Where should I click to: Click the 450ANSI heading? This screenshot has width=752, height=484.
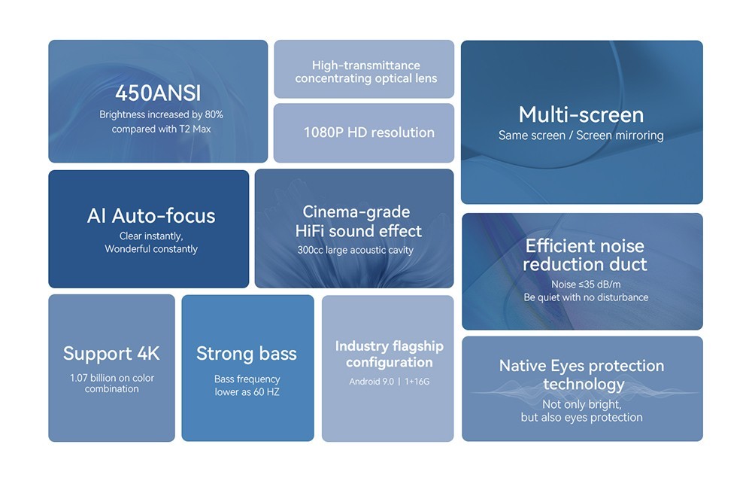[x=158, y=93]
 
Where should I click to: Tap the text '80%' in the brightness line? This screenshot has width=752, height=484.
[x=214, y=114]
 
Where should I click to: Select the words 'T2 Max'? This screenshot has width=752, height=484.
[x=195, y=129]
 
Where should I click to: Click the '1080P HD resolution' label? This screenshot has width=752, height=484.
[x=368, y=132]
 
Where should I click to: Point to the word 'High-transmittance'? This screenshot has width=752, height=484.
[x=366, y=65]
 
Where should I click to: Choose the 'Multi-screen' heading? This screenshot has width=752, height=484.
[x=581, y=114]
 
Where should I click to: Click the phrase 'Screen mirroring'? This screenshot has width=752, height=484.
[x=620, y=135]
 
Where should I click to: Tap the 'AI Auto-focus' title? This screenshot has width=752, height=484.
[x=151, y=216]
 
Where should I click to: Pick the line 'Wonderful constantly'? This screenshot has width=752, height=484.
[x=151, y=248]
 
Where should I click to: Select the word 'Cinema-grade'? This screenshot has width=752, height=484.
[x=356, y=212]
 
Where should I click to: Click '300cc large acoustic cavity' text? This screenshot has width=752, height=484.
[x=356, y=250]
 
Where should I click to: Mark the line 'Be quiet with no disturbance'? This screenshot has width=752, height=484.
[x=586, y=297]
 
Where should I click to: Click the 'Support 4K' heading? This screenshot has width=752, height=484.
[x=111, y=353]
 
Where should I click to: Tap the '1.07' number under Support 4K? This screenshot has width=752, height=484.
[x=79, y=378]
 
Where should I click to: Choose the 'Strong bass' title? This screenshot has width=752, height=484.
[x=247, y=353]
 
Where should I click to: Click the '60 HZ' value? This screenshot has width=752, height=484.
[x=267, y=392]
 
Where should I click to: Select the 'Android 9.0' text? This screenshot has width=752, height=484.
[x=371, y=381]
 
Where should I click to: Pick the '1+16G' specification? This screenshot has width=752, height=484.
[x=417, y=381]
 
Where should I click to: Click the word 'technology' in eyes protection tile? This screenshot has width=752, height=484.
[x=584, y=384]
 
